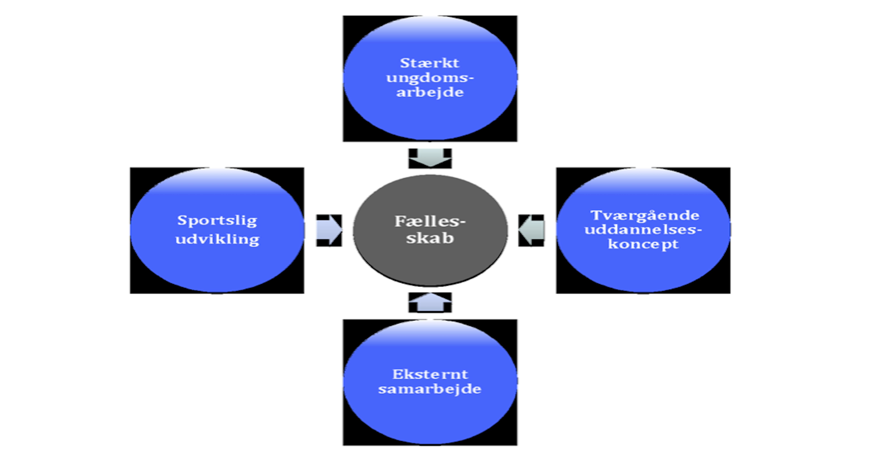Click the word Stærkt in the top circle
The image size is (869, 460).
429,63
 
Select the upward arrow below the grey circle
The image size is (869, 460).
430,302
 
